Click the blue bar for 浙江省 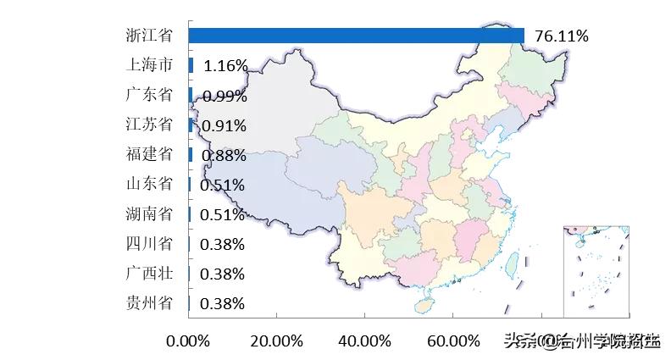coord(356,36)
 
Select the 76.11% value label coord(562,36)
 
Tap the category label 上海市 coord(148,65)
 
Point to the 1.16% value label coord(225,66)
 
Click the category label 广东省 coord(148,95)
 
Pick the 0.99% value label coord(225,96)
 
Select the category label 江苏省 coord(148,125)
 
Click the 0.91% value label coord(225,125)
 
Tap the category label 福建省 coord(148,154)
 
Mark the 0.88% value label coord(225,155)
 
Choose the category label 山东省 coord(148,184)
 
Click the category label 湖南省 coord(148,213)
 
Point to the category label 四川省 coord(148,244)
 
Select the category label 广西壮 coord(148,273)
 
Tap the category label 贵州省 coord(148,302)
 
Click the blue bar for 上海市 coord(191,65)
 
